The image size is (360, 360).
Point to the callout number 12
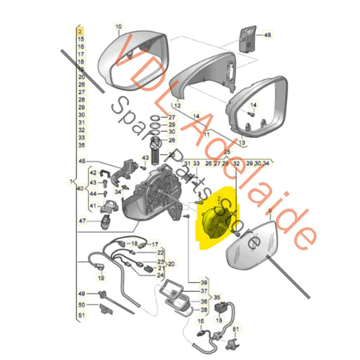177,105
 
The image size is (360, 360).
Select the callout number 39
204,282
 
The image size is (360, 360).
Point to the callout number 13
242,143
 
